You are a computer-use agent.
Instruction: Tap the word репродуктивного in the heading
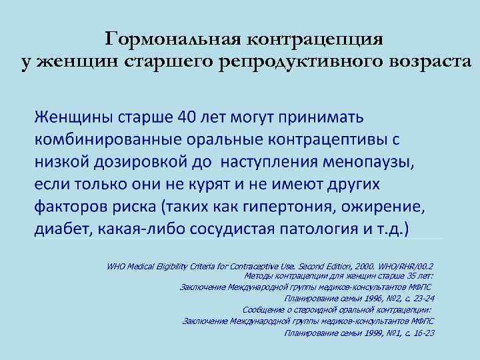pos(281,62)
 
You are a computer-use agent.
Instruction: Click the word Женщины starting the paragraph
pos(73,118)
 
